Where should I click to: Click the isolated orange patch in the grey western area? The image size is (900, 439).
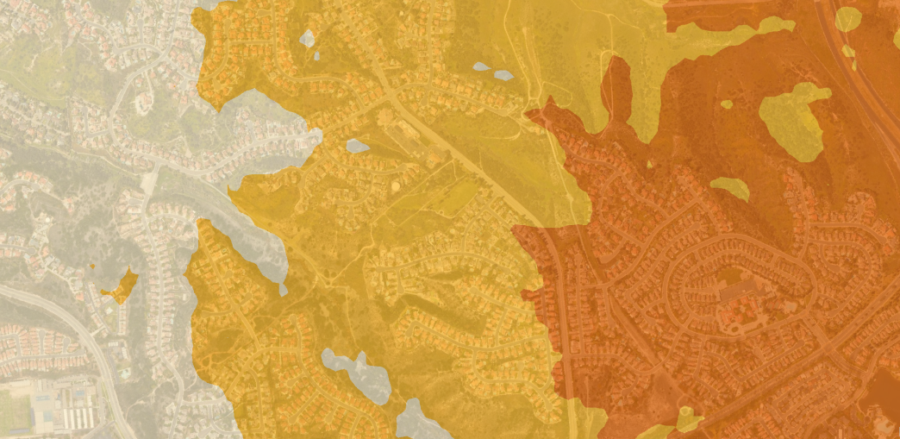(122, 286)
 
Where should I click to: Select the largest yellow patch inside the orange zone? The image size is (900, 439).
(792, 120)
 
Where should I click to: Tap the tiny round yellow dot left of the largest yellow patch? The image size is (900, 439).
(727, 104)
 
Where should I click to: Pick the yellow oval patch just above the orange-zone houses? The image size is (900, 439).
(731, 187)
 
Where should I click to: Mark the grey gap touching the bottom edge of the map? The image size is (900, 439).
(420, 423)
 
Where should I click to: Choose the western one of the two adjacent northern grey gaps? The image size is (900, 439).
(481, 66)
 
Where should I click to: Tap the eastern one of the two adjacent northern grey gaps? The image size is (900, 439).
(503, 75)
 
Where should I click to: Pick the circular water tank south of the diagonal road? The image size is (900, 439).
(396, 185)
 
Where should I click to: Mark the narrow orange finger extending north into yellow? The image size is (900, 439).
(616, 86)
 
